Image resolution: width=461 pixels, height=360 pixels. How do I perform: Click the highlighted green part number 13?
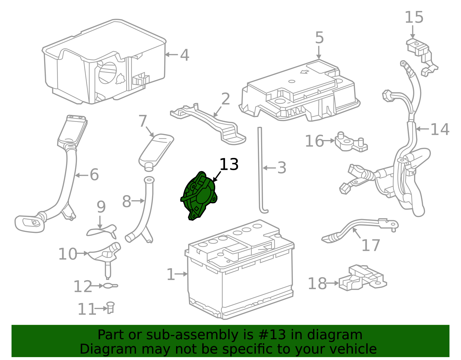pos(199,196)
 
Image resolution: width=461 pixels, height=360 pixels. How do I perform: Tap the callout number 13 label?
pos(229,165)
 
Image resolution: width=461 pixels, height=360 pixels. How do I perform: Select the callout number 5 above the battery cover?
pos(319,38)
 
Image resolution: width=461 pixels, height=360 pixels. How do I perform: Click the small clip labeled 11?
pos(110,308)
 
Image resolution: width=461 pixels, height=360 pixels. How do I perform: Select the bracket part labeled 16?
pos(350,143)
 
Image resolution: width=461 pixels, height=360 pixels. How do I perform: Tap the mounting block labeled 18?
pos(362,278)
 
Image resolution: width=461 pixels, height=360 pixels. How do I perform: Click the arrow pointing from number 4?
pos(172,54)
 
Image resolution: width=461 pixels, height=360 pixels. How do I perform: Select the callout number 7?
pos(143,121)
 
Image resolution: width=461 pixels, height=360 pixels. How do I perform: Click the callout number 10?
pos(68,254)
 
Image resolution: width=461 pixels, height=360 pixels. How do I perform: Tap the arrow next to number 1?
pos(182,274)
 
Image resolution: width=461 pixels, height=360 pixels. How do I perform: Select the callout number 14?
pos(440,129)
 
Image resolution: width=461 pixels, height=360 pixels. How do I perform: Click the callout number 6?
pos(94,175)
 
